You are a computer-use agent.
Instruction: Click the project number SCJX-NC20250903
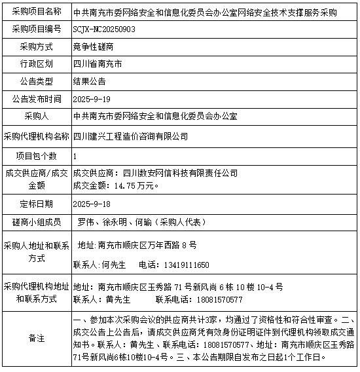(104, 29)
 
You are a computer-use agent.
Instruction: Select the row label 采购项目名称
(36, 12)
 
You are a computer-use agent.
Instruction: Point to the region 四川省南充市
(98, 64)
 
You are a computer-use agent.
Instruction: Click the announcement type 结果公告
(90, 81)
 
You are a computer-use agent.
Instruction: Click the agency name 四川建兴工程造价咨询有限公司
(131, 136)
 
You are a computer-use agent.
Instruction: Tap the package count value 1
(76, 157)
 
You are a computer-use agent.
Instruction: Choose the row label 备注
(36, 338)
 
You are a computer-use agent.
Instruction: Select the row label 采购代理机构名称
(36, 136)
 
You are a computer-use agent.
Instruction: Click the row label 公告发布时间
(36, 98)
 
